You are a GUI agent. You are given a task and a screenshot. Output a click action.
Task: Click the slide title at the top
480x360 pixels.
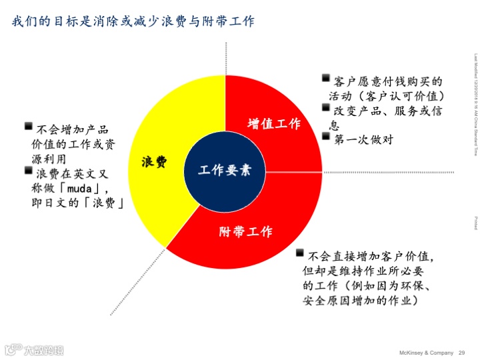(133, 21)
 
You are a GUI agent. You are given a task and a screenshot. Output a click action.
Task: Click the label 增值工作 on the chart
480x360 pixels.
(274, 124)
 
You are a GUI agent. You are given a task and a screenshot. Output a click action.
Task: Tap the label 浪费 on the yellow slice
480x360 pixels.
(154, 162)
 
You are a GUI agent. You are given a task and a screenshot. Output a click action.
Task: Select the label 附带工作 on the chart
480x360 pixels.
(246, 232)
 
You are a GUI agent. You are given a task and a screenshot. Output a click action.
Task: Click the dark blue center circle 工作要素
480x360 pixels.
(225, 170)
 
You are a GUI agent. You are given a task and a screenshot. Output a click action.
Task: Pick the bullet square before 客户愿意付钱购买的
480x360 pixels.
(326, 79)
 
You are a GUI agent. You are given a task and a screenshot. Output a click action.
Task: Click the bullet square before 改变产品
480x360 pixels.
(326, 108)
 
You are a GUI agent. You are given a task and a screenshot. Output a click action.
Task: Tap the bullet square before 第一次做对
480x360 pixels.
(326, 137)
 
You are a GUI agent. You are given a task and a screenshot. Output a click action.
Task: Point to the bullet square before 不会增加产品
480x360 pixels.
(29, 127)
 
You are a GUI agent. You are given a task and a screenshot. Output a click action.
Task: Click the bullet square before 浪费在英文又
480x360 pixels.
(29, 172)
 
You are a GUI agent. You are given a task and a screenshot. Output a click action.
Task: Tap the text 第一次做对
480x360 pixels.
(363, 139)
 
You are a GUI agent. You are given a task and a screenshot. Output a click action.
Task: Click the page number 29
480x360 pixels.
(461, 352)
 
